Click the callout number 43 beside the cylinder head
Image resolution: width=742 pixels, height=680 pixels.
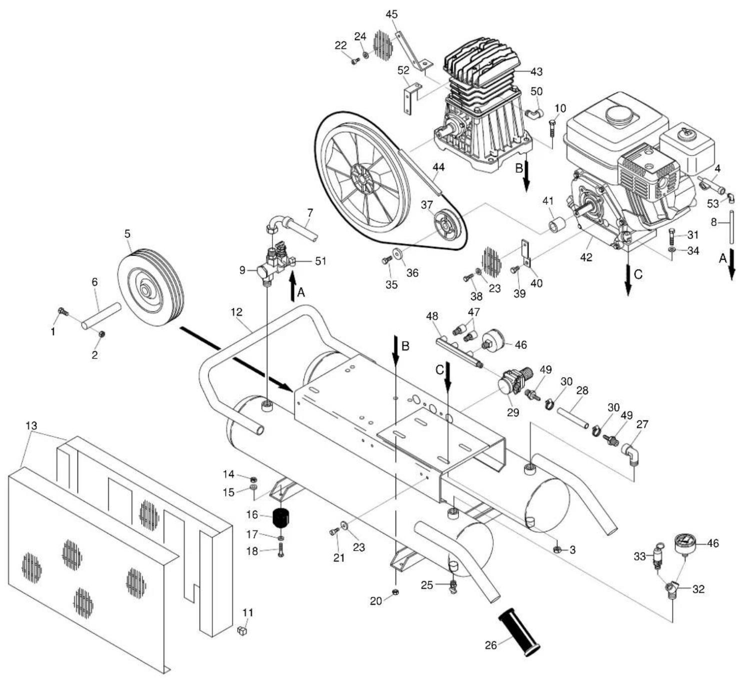pos(536,71)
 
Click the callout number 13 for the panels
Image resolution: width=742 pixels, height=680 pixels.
pos(31,425)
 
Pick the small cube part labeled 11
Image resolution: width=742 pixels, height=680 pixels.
pos(242,630)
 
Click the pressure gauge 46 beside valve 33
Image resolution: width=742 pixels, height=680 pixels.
pos(684,544)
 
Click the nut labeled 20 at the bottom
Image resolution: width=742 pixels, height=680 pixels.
pos(395,592)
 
